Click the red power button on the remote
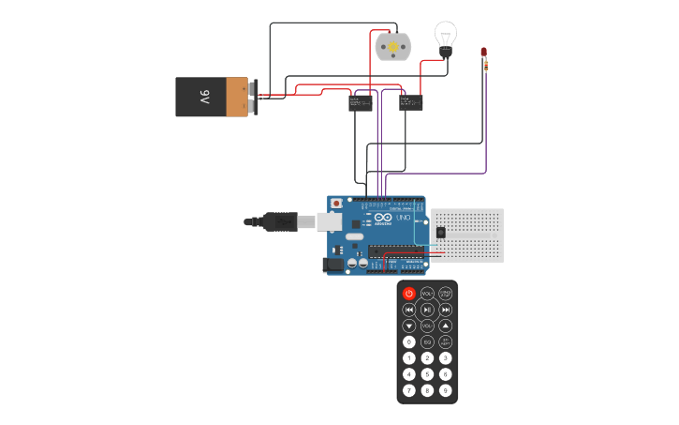[x=409, y=294]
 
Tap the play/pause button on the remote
[x=427, y=310]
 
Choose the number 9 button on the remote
[x=446, y=389]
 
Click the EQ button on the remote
[x=427, y=342]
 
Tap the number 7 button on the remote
[x=409, y=389]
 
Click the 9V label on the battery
[x=203, y=97]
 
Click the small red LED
[x=484, y=52]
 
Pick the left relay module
[x=361, y=102]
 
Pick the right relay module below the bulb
[x=410, y=101]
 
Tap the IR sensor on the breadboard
[x=440, y=232]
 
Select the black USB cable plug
[x=280, y=222]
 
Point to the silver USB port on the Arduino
[x=329, y=222]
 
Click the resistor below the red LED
[x=486, y=65]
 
